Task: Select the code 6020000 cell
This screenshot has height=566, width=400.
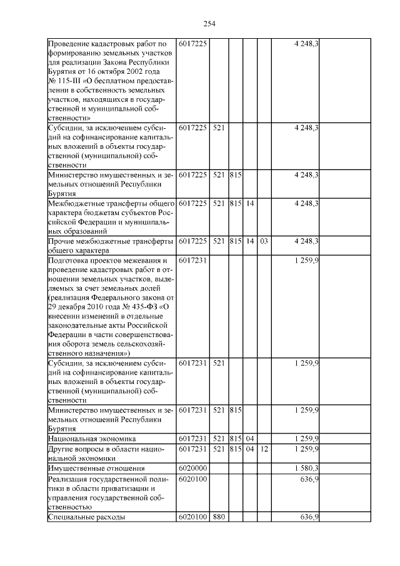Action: (193, 468)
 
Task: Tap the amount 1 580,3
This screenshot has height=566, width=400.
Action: (306, 468)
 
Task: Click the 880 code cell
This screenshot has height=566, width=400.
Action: (218, 517)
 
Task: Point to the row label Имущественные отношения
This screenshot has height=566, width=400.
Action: (96, 468)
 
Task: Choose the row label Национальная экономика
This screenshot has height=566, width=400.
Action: (92, 439)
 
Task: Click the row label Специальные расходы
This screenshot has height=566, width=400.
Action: (87, 517)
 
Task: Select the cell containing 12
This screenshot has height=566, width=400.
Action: (264, 449)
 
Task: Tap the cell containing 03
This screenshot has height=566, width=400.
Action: (264, 241)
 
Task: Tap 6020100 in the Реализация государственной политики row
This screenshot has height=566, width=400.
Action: (193, 479)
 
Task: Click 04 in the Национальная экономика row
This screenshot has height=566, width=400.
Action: (249, 439)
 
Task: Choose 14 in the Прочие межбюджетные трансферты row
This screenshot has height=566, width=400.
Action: (249, 241)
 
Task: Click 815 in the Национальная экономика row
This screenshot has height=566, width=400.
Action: (234, 439)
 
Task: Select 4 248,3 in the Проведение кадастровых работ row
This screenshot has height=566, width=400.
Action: (306, 43)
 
